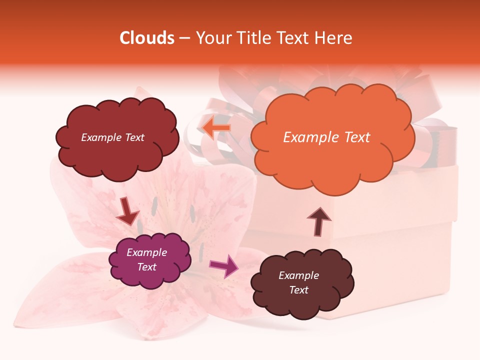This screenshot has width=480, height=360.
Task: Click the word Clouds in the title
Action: pos(147,38)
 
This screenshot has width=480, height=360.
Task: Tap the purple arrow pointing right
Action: pos(223,265)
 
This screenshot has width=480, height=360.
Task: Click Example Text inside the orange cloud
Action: pos(326,137)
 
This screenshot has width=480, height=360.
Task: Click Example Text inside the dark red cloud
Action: pos(112,137)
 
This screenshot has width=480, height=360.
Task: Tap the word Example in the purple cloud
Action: pos(146,252)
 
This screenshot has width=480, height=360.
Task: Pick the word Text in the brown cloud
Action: pos(298,290)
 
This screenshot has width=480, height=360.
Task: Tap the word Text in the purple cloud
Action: pos(146,267)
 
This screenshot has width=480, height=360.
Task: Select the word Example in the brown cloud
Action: pos(298,275)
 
